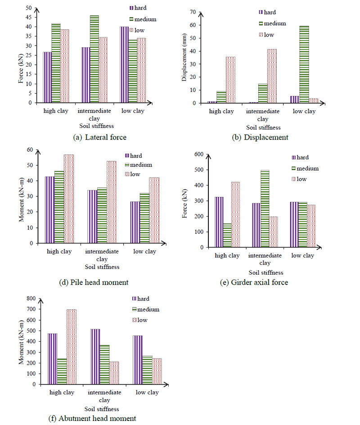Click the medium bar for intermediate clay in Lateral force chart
pyautogui.click(x=94, y=59)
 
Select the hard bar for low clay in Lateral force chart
pyautogui.click(x=124, y=65)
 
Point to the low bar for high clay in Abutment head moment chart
pyautogui.click(x=71, y=347)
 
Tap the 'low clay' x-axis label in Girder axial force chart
pyautogui.click(x=302, y=256)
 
